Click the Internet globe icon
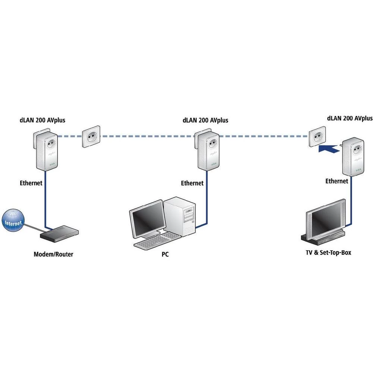tap(13, 221)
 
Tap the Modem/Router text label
tap(53, 254)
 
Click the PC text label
tap(165, 255)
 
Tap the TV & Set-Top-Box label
tap(328, 253)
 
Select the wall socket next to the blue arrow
tap(317, 137)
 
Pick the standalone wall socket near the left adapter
tap(91, 137)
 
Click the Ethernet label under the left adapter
tap(31, 183)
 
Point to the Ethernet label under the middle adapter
tap(192, 183)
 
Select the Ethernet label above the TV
tap(336, 181)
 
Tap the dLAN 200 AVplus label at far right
tap(350, 118)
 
